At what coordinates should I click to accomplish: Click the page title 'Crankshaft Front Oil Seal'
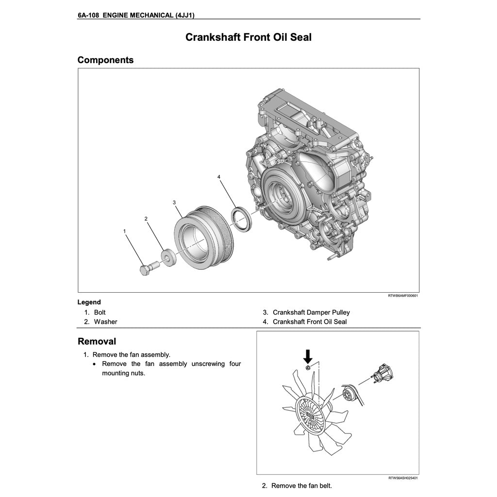pos(248,37)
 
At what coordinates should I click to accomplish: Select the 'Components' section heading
pos(105,60)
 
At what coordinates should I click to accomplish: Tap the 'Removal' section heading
pos(97,341)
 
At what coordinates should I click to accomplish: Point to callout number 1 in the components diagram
pos(125,232)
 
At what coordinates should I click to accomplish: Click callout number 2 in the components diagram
pos(146,219)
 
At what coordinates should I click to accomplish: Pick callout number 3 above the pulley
pos(174,202)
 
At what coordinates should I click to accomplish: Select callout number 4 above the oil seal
pos(219,177)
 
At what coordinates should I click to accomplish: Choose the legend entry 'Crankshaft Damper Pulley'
pos(311,313)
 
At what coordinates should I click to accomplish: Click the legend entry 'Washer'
pos(105,322)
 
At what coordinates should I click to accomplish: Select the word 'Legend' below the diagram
pos(89,302)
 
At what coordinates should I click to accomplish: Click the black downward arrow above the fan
pos(308,357)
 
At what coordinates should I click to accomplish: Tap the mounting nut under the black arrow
pos(308,369)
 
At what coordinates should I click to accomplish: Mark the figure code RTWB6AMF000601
pos(403,295)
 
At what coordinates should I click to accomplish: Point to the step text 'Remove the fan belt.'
pos(301,485)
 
